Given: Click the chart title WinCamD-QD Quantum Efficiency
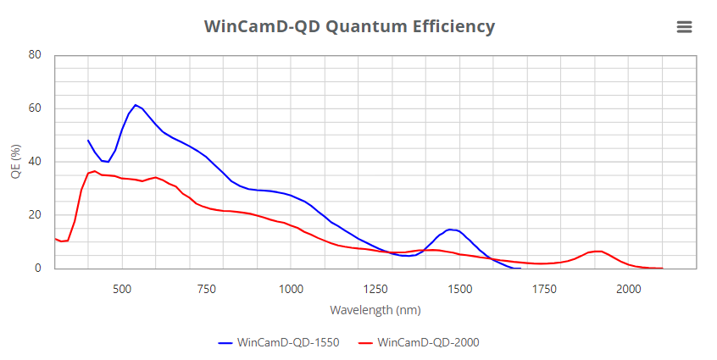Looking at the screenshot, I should coord(349,26).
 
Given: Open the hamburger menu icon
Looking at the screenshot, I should coord(685,27).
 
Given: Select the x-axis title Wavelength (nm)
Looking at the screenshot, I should coord(375,310).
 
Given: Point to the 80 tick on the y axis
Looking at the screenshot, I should coord(35,55).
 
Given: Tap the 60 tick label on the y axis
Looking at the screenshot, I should coord(35,108).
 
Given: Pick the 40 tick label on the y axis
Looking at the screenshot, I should coord(35,162).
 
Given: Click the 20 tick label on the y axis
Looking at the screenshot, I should coord(35,215).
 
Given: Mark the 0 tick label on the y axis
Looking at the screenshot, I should coord(38,269).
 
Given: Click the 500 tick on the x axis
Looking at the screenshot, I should coord(122,288).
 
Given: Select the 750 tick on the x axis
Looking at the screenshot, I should coord(207,288).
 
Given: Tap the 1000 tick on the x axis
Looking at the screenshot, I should coord(291,288).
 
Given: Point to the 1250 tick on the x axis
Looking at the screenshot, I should coord(375,288).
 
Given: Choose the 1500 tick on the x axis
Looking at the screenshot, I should coord(459,288).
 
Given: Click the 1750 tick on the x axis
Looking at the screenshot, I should coord(544,288).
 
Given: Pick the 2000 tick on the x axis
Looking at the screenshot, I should coord(628,288).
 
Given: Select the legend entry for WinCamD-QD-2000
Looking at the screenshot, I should coord(420,343).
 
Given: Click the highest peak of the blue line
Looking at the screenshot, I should coord(136,105).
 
